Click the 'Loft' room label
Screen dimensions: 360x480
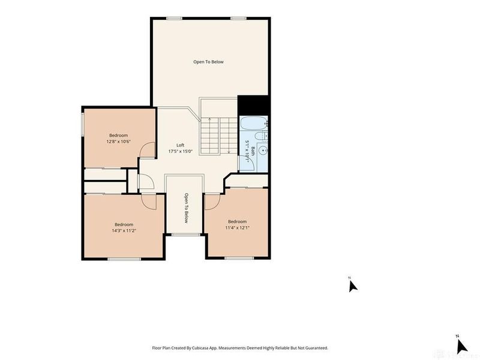(180, 145)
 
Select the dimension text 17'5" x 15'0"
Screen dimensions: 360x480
(180, 152)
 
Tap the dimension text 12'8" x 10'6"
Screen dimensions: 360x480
(118, 142)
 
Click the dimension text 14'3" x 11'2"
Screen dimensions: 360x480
(124, 230)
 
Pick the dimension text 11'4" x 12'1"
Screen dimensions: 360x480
(237, 227)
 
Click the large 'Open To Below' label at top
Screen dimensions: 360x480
(208, 62)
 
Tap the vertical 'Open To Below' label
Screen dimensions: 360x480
(186, 208)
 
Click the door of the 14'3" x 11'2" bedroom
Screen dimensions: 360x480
(150, 201)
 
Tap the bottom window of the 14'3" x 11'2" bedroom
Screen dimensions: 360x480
(124, 259)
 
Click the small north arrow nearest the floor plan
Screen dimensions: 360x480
(353, 285)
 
